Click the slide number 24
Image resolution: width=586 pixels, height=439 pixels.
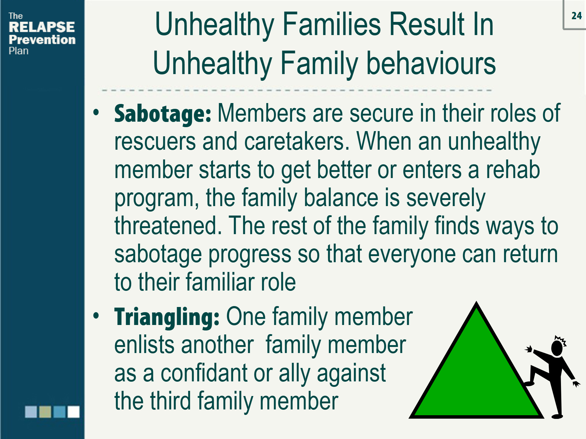577,16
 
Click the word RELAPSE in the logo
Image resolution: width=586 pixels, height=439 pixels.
42,27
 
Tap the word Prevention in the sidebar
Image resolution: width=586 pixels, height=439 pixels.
42,40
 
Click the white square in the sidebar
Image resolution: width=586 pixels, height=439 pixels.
74,412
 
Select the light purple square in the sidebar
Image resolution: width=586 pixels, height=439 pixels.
31,412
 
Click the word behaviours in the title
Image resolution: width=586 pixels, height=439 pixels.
431,64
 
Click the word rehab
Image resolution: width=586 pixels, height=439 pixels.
513,170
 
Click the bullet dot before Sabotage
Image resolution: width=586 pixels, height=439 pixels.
96,112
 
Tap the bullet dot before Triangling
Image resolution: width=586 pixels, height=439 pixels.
96,316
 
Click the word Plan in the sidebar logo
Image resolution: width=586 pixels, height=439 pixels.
19,51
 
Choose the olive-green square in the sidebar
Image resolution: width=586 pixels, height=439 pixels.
45,412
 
